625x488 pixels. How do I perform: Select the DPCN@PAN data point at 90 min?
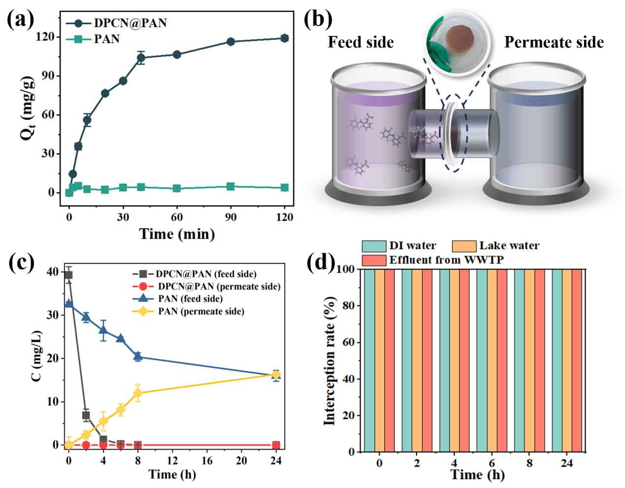click(230, 41)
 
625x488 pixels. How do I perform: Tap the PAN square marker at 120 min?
click(284, 187)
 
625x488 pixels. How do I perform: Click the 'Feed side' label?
click(361, 42)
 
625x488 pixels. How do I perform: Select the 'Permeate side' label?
click(554, 42)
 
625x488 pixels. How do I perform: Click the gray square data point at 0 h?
click(68, 275)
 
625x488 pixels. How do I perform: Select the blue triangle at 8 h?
click(138, 357)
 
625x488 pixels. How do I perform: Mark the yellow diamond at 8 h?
click(138, 393)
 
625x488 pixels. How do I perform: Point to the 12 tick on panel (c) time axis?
click(172, 460)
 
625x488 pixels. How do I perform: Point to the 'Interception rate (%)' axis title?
click(329, 360)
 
